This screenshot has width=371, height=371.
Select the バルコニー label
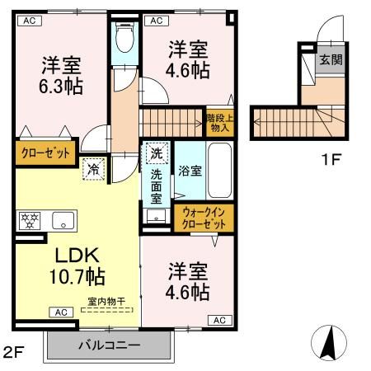click(x=109, y=344)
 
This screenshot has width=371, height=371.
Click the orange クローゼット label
click(x=44, y=153)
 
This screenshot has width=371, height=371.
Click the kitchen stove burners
click(x=30, y=220)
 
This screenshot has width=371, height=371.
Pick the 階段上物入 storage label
click(x=218, y=122)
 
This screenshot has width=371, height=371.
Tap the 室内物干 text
click(x=108, y=302)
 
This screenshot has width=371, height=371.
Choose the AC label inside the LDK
click(x=62, y=312)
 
